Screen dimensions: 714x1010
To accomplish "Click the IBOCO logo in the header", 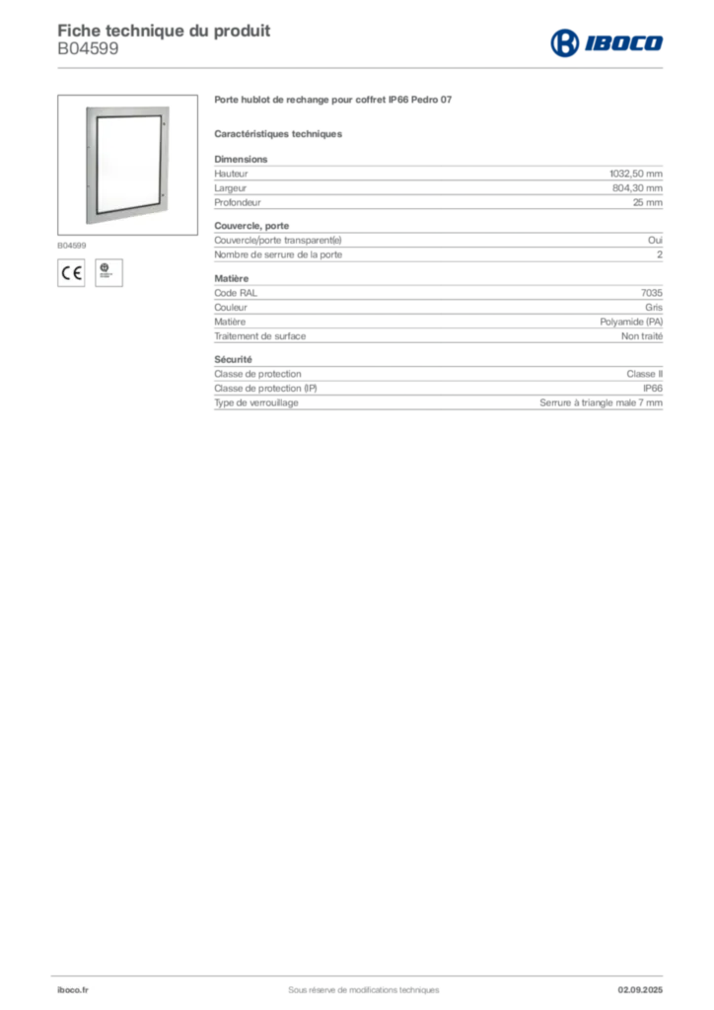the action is point(607,43).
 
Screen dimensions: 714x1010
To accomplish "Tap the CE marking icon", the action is point(71,273).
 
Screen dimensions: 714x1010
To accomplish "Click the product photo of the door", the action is point(127,165).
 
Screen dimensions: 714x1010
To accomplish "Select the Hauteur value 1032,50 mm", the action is point(635,174).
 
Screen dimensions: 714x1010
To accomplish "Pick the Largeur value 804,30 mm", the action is point(637,188).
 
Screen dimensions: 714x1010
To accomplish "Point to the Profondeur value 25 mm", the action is point(647,202).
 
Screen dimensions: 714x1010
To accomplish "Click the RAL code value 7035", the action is point(652,292).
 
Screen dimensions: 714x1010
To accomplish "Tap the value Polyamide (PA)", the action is point(631,322).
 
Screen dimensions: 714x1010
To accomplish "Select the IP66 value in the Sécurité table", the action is point(652,389).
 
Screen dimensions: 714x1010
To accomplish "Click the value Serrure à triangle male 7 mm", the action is point(601,402).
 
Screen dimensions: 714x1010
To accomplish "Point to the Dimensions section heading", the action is point(241,159).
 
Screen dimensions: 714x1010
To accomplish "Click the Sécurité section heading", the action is point(233,359).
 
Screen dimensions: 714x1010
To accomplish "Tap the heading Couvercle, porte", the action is point(251,226).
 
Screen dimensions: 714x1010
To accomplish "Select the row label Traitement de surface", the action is point(260,336).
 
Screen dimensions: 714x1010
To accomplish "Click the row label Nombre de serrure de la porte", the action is point(278,254).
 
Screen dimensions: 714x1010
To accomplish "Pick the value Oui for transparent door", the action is point(655,241).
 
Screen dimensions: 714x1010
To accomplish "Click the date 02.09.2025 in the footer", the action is point(640,990).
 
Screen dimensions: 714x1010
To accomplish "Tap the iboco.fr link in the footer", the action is point(73,990).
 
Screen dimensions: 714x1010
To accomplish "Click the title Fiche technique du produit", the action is point(164,31).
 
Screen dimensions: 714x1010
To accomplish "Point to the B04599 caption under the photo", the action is point(71,246).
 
